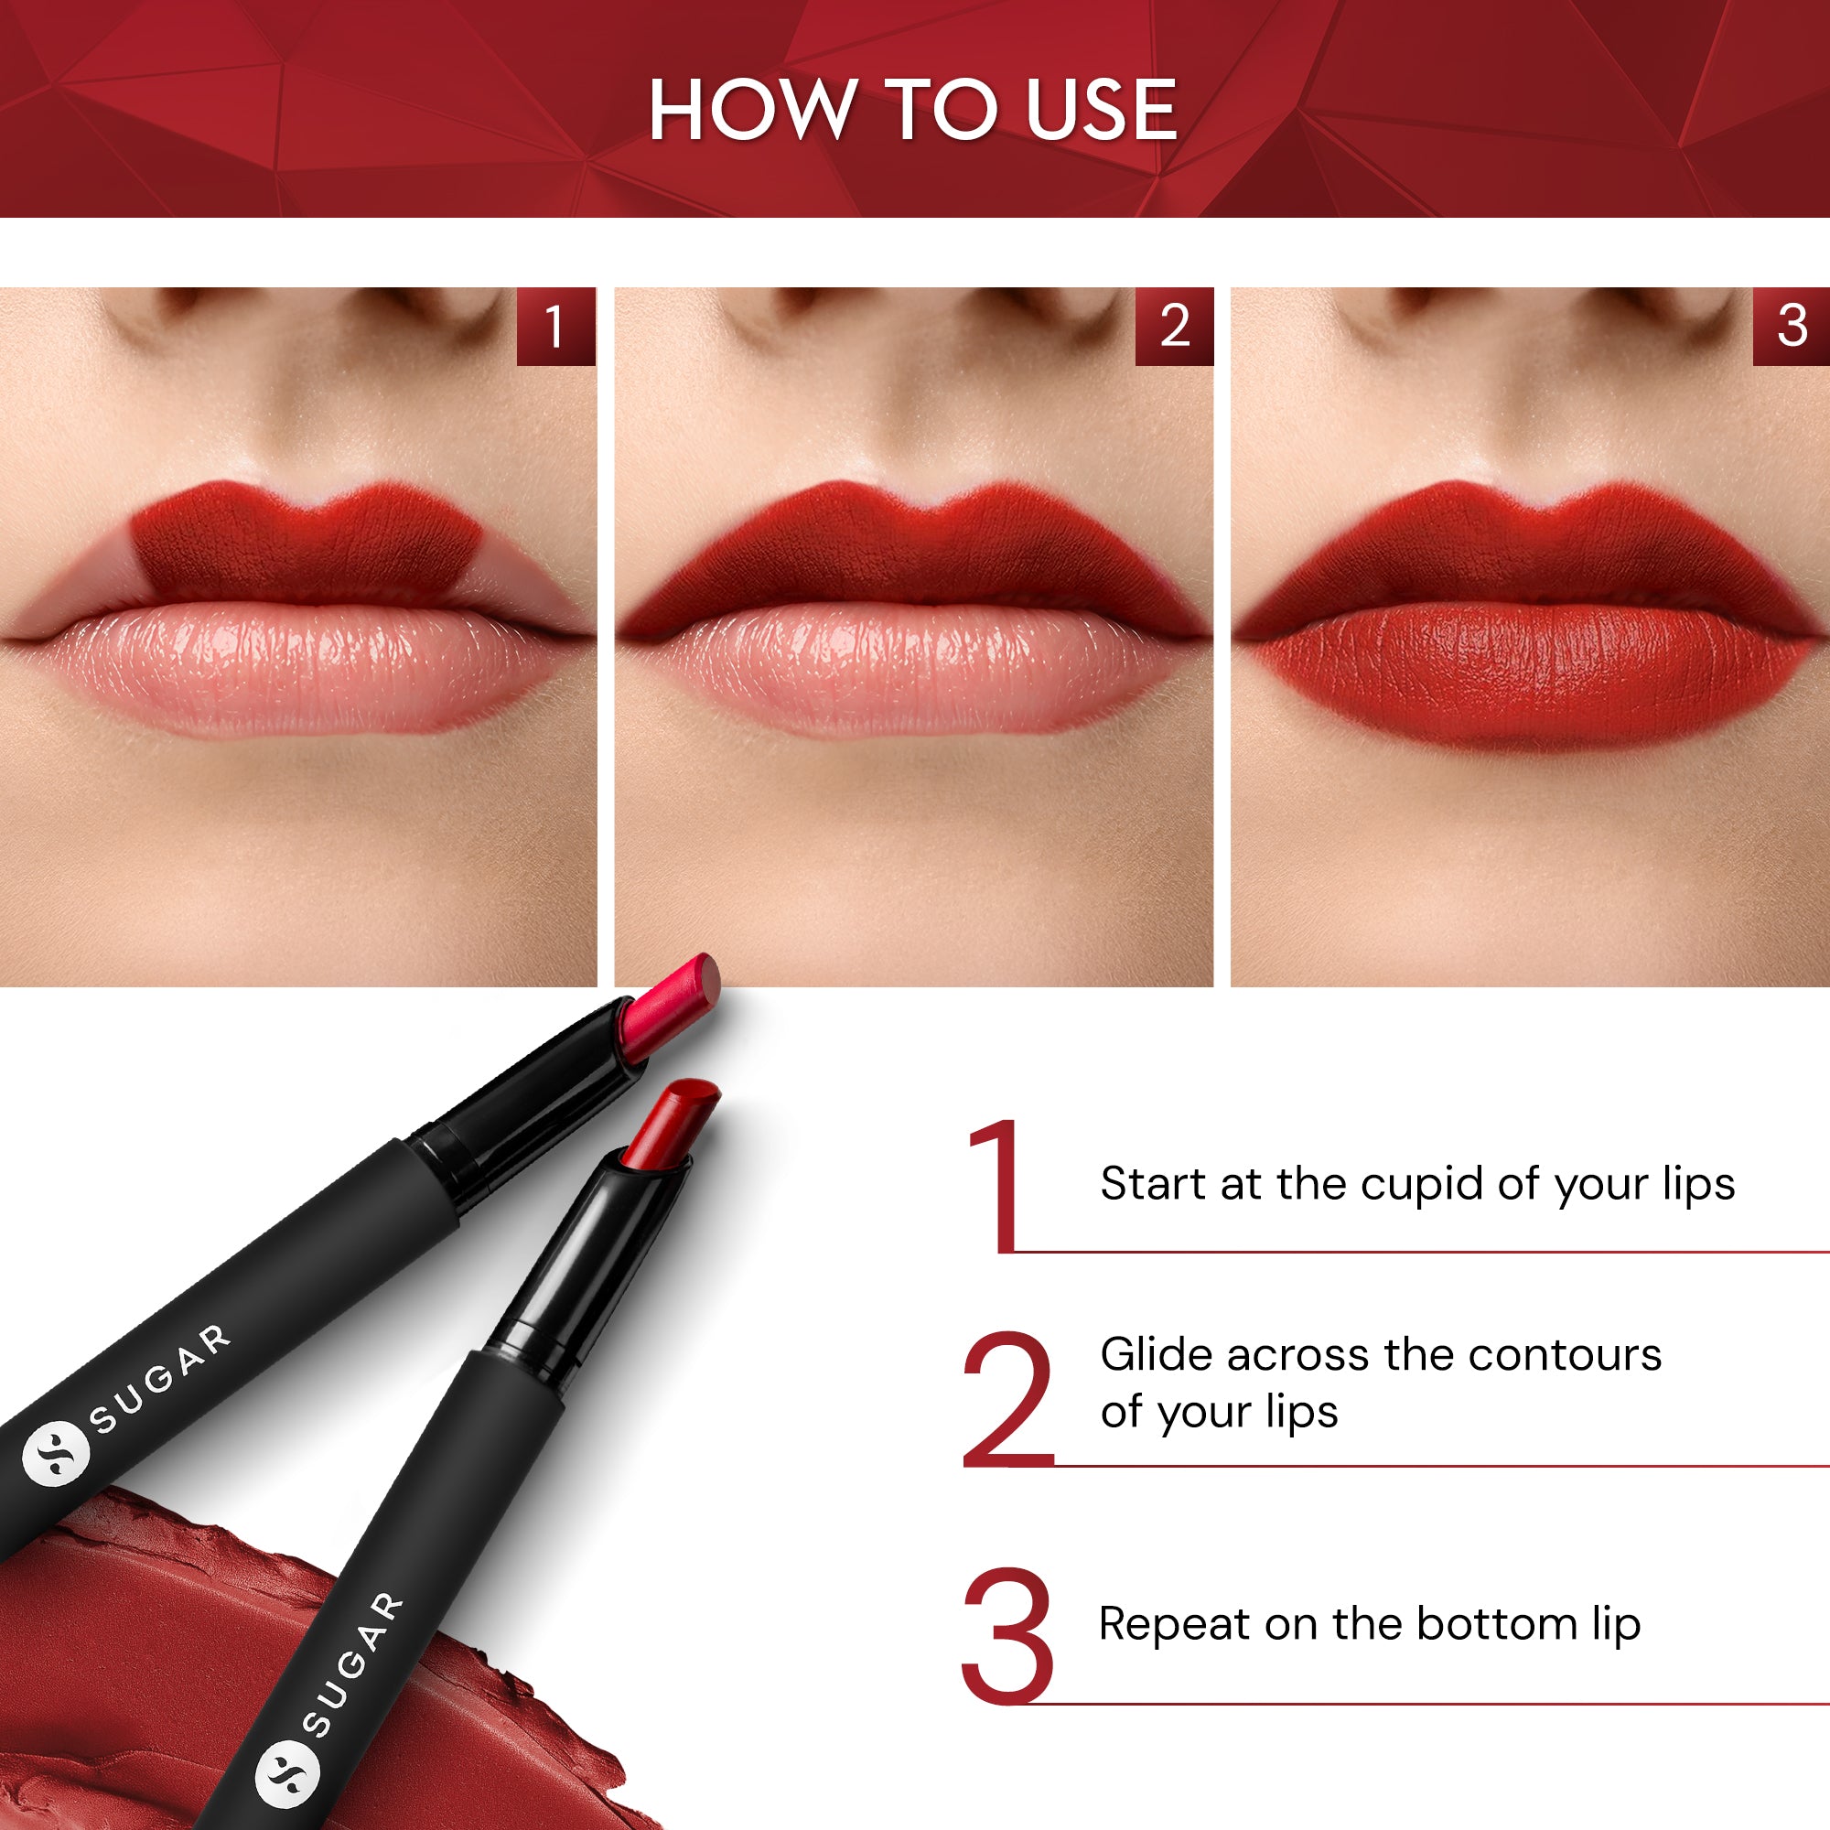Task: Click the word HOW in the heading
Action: click(750, 111)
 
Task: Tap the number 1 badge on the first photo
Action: click(555, 327)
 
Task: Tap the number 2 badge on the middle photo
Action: click(1175, 327)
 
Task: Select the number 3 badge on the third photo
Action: click(1792, 327)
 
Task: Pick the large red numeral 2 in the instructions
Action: click(1007, 1398)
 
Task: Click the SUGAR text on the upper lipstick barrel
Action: click(160, 1378)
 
